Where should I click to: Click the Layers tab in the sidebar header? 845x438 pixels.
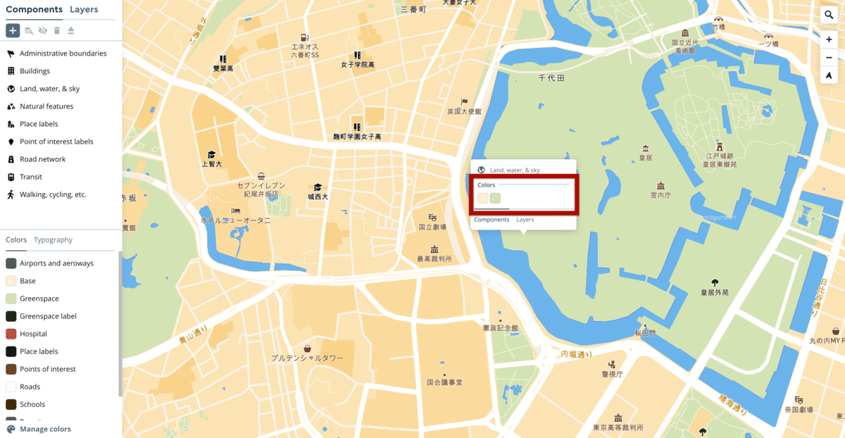(84, 9)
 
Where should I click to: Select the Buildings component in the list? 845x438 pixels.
(35, 71)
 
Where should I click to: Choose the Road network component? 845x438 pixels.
(42, 159)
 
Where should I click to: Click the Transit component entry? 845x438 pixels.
(31, 177)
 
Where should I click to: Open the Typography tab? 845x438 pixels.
(53, 239)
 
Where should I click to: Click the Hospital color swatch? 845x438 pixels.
(11, 334)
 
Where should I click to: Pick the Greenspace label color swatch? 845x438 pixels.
(11, 316)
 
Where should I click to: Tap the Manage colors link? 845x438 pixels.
(45, 429)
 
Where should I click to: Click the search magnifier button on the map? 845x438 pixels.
(829, 15)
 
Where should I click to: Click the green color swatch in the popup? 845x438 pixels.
(495, 198)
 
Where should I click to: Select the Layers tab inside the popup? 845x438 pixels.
(525, 220)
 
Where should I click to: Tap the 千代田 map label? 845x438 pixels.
(551, 78)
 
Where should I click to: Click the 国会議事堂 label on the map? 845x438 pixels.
(444, 382)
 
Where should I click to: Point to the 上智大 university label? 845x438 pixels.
(211, 163)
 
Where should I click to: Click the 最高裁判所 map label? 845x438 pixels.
(434, 258)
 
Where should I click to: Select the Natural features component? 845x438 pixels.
(46, 106)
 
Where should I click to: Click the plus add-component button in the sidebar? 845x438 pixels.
(13, 30)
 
